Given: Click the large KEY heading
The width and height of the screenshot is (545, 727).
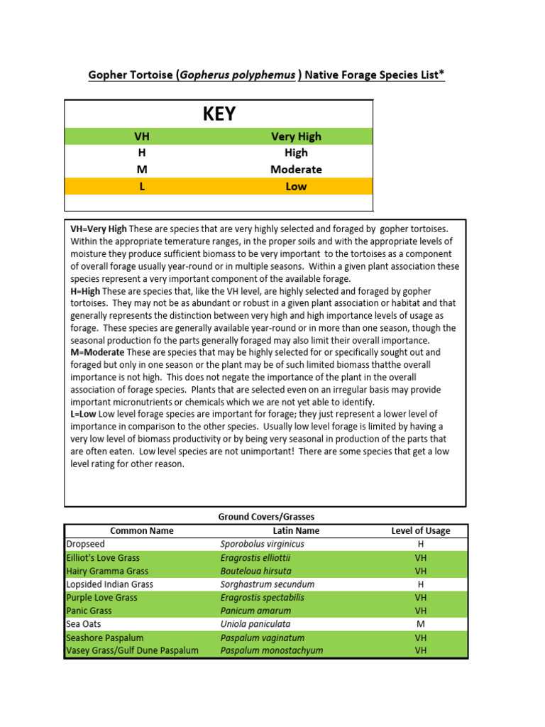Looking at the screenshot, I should pos(219,114).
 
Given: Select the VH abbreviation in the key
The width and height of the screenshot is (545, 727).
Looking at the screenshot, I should pos(142,136).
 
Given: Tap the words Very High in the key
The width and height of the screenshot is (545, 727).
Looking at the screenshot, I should pos(296,136).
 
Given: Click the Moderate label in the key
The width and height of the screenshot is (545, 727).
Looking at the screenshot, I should pos(296,170).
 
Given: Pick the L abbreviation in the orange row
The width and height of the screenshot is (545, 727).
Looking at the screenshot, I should pos(142,187).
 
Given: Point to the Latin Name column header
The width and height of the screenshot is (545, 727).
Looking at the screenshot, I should pos(296,530).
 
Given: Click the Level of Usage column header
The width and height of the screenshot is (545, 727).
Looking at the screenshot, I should pos(420,530).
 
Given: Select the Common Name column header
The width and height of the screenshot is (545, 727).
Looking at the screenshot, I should pos(142,530).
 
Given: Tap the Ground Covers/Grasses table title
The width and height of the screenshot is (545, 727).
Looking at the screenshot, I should pos(266,517).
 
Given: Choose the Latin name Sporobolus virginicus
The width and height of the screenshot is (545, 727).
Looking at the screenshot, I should pos(262,544).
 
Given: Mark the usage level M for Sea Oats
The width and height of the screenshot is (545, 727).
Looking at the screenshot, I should pos(420,624).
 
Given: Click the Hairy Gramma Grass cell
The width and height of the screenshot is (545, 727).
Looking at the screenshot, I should pos(107,571).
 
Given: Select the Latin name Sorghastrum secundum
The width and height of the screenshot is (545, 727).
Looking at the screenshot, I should pos(267,584).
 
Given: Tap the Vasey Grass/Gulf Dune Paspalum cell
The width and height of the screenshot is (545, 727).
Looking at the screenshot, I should pos(132,650).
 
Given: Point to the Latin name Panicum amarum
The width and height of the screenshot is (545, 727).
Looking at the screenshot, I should pos(255,611).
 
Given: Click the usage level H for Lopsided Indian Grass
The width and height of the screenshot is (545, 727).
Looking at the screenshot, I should pos(420,584).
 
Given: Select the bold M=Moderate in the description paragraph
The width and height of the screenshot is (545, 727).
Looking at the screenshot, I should pos(97,353).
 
